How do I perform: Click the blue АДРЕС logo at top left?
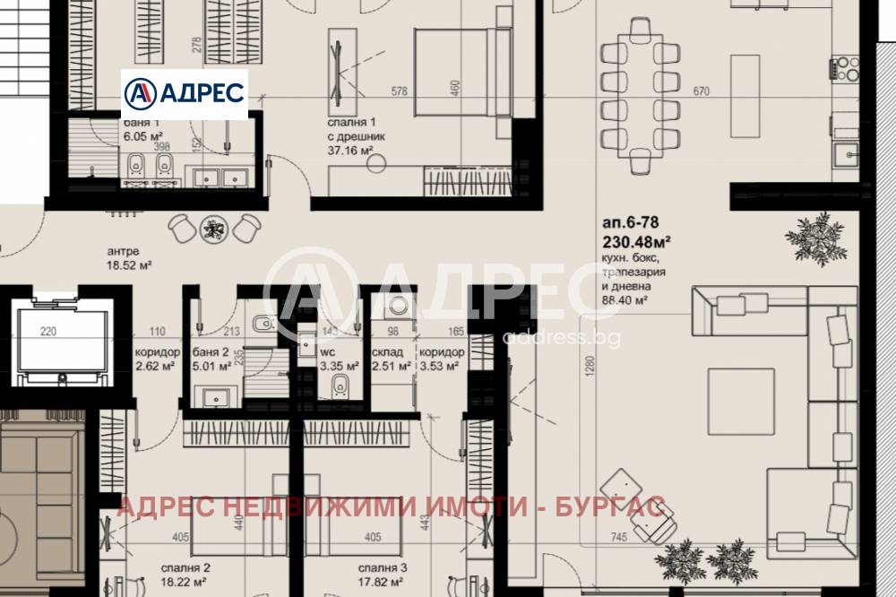184,92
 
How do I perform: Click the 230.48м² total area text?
638,242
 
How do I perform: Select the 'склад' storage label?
390,353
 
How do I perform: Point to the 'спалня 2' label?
185,568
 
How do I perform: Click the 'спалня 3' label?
383,568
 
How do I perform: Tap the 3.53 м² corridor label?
441,366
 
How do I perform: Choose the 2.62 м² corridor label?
158,366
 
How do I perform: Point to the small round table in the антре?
214,229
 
